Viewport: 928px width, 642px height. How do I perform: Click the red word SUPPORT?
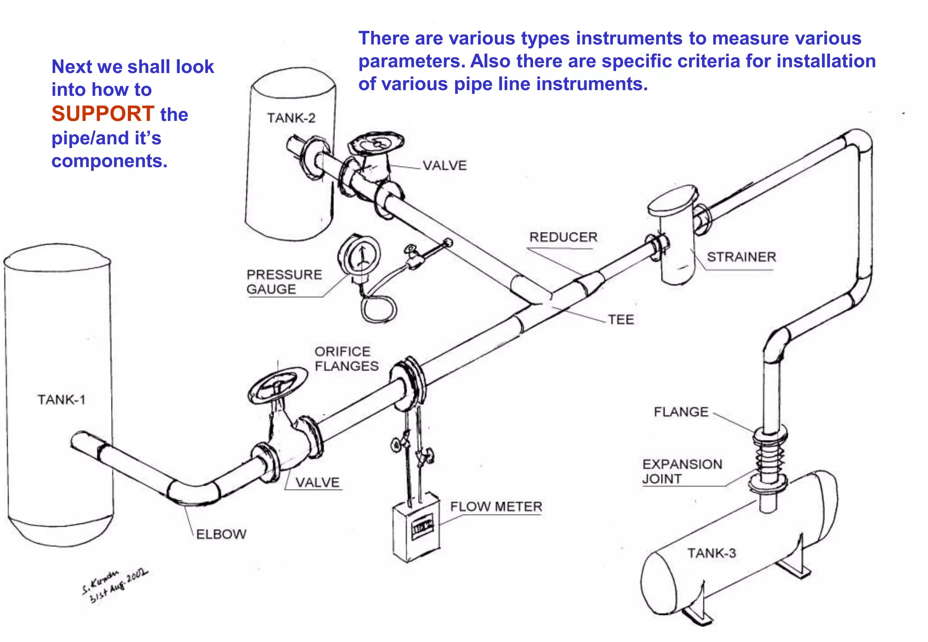click(103, 114)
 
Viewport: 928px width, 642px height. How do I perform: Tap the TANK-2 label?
click(291, 118)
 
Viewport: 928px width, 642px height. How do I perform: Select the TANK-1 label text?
click(61, 400)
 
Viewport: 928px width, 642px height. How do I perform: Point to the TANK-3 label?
click(711, 553)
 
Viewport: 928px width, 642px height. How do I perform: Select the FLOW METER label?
click(496, 507)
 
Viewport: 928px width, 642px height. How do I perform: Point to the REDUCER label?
click(563, 237)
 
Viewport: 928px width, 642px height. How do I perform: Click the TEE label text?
click(621, 320)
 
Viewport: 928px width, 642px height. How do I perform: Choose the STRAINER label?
click(741, 257)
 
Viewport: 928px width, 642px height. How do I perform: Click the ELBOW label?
click(221, 534)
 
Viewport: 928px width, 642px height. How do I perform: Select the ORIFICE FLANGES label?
click(346, 359)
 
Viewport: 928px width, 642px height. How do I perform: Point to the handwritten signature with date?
click(114, 587)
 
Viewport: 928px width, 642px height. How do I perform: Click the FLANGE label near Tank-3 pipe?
click(681, 412)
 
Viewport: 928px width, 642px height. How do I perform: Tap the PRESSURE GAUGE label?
click(284, 282)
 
